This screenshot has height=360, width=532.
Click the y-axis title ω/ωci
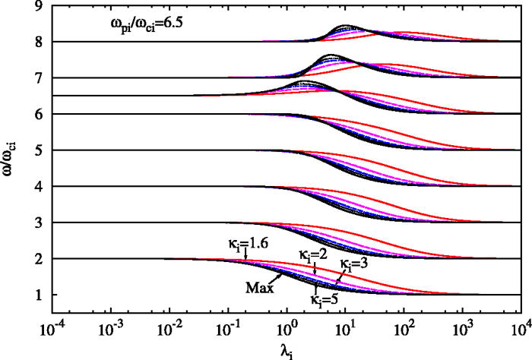click(13, 151)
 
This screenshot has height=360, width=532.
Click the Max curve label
click(258, 286)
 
